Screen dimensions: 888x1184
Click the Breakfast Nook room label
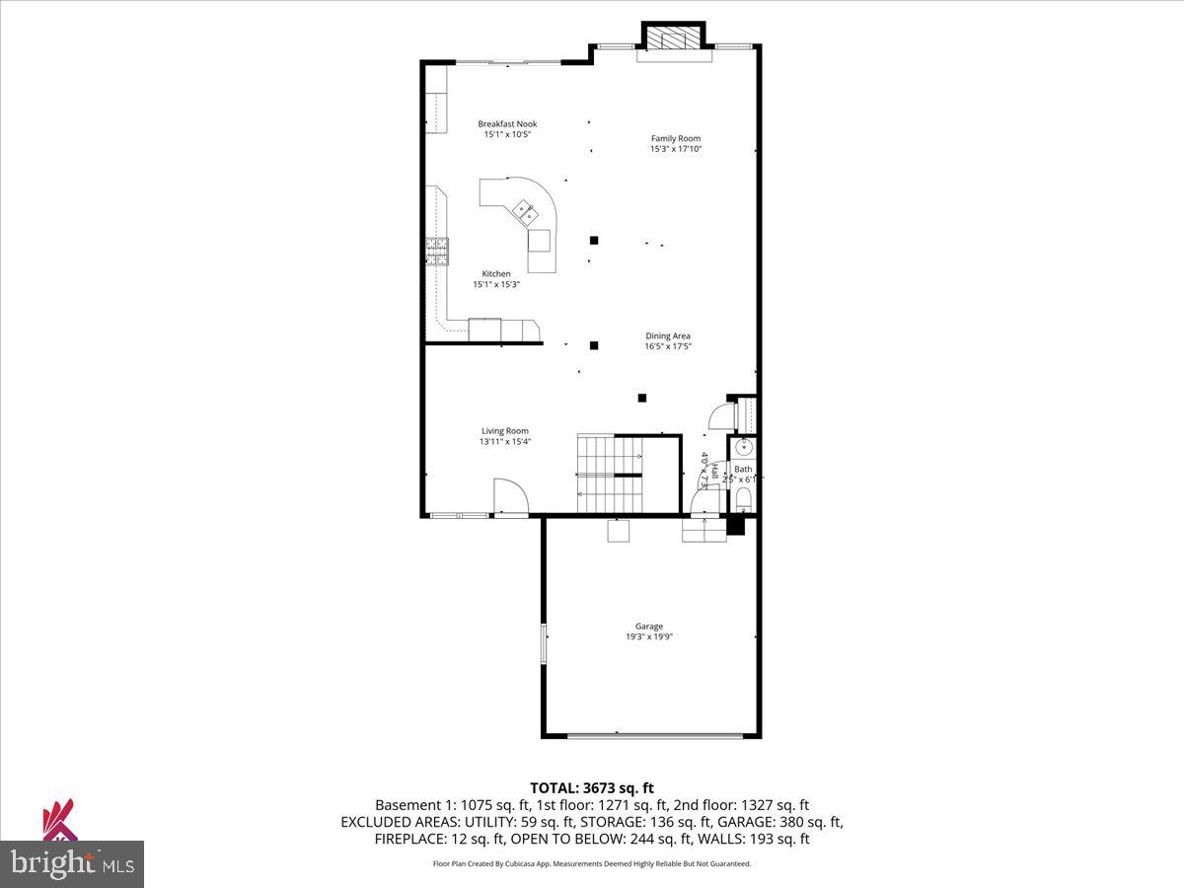[507, 124]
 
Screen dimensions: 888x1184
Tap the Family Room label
[676, 139]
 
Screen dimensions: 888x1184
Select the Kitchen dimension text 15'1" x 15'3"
[496, 284]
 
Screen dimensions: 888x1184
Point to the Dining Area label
[668, 336]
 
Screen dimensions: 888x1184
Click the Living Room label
[505, 431]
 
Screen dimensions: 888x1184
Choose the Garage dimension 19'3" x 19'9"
[648, 636]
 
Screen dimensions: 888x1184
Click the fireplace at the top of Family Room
[675, 40]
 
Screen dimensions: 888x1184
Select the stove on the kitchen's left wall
[436, 253]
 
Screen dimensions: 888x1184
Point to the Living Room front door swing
[510, 494]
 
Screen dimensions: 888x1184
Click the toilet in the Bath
[744, 496]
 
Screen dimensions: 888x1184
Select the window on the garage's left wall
[542, 643]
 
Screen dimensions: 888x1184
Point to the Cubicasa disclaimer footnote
[592, 863]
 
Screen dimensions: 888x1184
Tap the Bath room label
[743, 470]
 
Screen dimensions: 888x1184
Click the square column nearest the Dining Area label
[594, 345]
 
